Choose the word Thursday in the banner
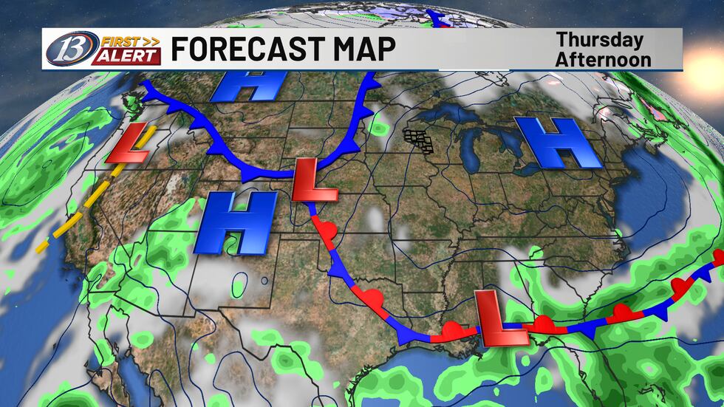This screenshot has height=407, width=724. coord(599,40)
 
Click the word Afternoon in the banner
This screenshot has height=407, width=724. coord(604,59)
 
